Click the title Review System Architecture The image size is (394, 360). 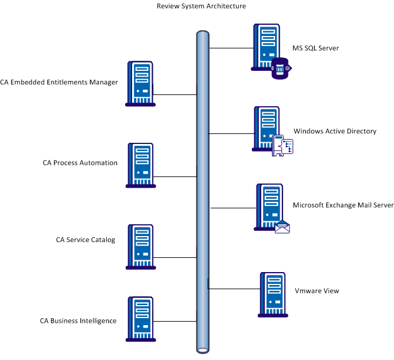(x=201, y=6)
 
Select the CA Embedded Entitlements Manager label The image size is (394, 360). (x=59, y=82)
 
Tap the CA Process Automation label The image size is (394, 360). (x=80, y=163)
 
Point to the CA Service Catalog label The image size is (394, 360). (x=86, y=240)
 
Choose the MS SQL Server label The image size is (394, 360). (x=316, y=48)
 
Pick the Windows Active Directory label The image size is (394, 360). (x=334, y=131)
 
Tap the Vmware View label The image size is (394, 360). (x=317, y=291)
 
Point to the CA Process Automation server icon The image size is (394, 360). (x=141, y=165)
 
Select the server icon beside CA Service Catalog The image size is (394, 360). (x=140, y=247)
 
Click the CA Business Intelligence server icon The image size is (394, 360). (x=141, y=319)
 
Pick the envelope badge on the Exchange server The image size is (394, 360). (x=283, y=227)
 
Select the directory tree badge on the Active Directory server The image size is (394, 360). (x=283, y=145)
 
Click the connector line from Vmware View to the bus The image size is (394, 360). (x=233, y=289)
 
